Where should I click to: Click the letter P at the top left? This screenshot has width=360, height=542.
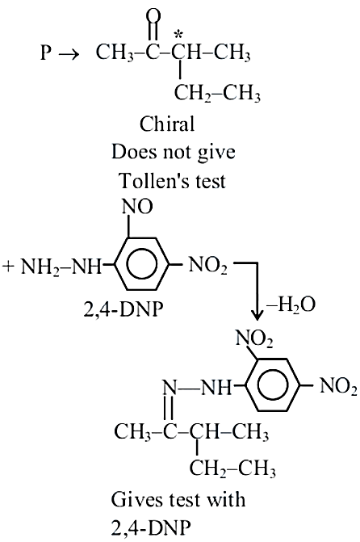46,53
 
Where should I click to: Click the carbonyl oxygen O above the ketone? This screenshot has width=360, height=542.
153,16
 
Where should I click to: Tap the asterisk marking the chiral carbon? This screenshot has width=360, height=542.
178,35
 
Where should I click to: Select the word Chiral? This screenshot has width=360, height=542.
167,124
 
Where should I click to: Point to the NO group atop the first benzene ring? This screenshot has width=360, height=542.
137,207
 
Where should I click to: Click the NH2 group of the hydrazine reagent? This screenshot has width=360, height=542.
38,267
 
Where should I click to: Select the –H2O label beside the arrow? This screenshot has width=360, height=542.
291,305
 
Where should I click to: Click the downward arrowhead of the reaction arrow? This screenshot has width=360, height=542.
257,314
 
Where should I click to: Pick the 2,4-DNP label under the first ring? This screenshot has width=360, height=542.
123,309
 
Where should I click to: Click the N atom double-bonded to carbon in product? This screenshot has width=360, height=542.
170,388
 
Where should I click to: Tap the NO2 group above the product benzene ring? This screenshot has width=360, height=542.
254,338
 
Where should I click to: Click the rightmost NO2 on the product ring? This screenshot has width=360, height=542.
338,386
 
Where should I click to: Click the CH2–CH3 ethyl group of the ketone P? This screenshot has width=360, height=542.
217,94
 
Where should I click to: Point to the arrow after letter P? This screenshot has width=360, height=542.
69,54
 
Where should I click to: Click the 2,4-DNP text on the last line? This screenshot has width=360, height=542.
151,527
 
